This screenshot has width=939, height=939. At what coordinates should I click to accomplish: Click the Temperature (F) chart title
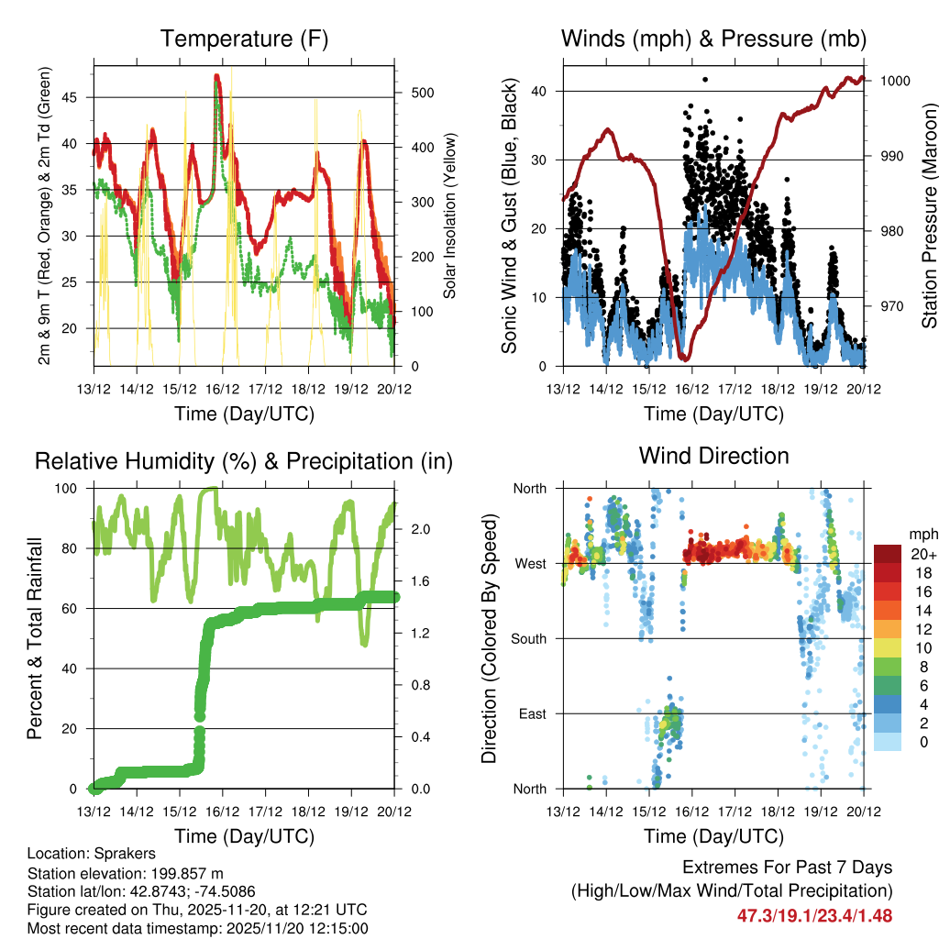click(x=244, y=39)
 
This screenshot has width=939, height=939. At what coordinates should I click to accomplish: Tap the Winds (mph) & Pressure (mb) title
click(x=713, y=39)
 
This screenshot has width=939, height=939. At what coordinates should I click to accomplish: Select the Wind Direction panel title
click(x=713, y=455)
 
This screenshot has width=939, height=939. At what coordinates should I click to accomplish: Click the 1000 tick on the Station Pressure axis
click(x=894, y=81)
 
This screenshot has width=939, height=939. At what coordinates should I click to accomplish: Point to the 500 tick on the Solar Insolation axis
click(x=410, y=93)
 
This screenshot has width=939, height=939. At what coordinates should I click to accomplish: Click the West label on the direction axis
click(x=530, y=563)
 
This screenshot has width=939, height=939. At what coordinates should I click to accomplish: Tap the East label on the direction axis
click(x=532, y=713)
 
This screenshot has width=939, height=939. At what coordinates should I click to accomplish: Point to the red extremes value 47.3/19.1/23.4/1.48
click(x=814, y=915)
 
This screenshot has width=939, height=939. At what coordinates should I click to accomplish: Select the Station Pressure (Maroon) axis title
click(x=929, y=215)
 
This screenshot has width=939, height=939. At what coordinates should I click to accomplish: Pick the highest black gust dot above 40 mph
click(x=705, y=80)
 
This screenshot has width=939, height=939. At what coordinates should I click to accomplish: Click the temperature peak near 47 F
click(x=216, y=77)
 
